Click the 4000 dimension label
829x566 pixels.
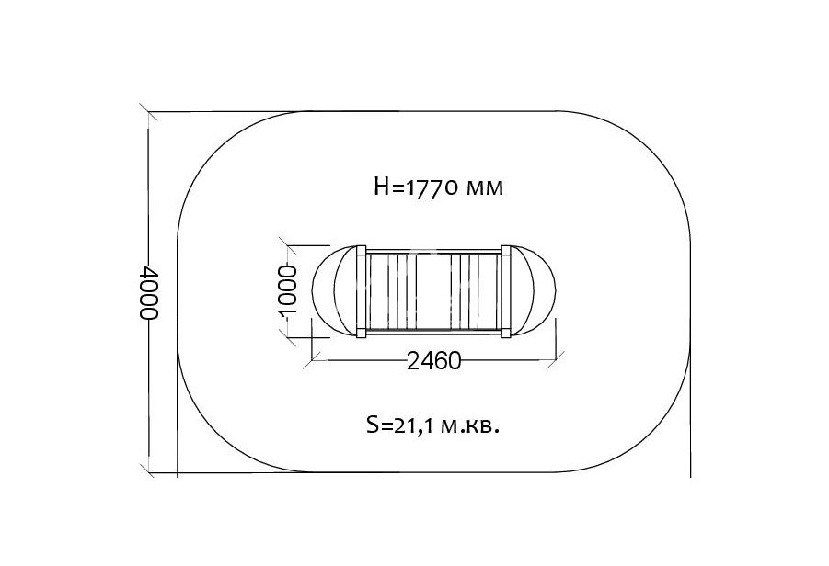(148, 292)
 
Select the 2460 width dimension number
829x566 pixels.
(434, 361)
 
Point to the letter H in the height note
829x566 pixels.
(382, 187)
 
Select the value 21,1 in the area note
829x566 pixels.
(415, 425)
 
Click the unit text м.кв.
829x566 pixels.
(470, 425)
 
